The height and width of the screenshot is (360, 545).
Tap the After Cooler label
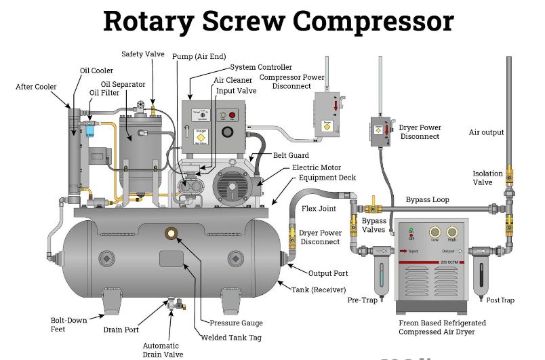click(36, 87)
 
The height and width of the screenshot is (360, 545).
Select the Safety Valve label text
click(143, 54)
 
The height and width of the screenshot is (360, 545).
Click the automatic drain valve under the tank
click(178, 304)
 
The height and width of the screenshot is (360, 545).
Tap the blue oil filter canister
click(90, 129)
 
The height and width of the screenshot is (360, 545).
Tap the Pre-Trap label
click(362, 299)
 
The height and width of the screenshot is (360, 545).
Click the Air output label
click(487, 132)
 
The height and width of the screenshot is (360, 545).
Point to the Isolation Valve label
click(487, 178)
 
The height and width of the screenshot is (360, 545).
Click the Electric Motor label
click(317, 167)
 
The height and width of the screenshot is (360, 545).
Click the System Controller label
click(261, 67)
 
